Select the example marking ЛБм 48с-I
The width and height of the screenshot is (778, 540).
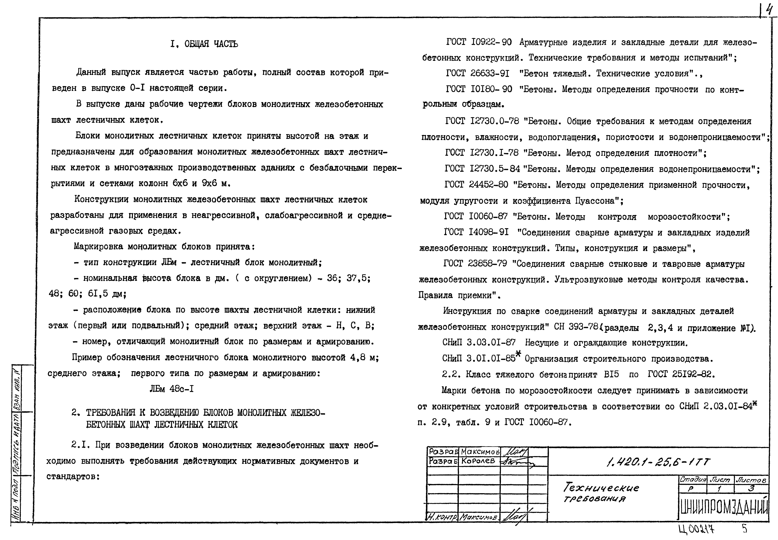pos(172,389)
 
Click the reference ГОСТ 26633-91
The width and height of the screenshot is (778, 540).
pos(477,73)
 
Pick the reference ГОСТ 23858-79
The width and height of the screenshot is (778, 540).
pos(475,264)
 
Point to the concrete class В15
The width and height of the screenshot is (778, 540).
pos(611,374)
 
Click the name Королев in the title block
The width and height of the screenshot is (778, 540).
pos(478,461)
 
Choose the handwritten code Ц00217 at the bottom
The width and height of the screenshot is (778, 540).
pos(697,530)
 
